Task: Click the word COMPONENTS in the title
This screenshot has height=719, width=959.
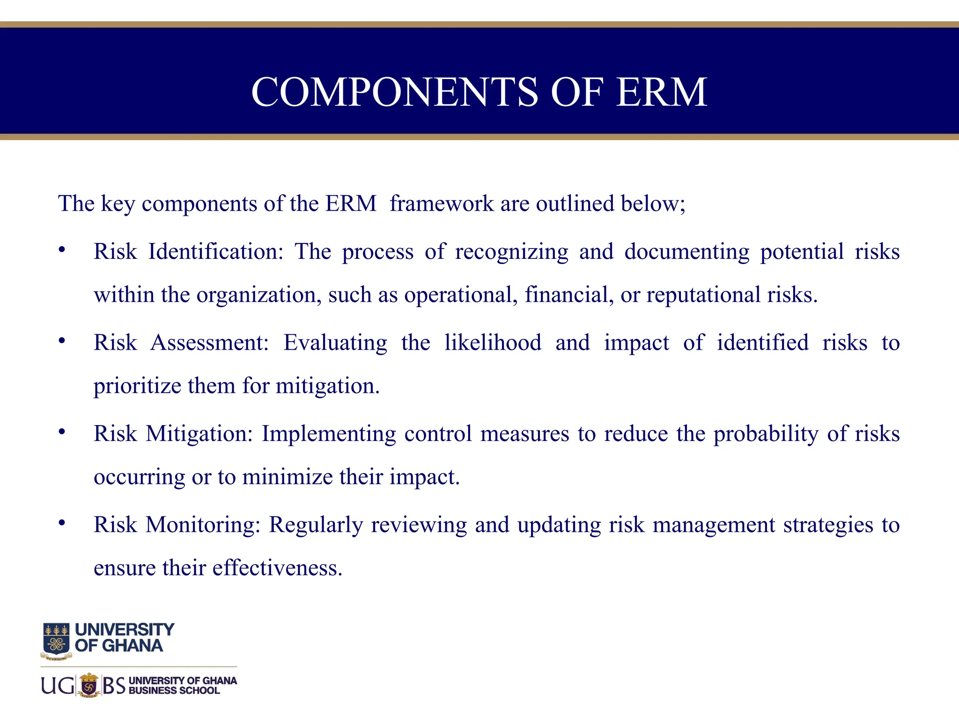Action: click(x=394, y=92)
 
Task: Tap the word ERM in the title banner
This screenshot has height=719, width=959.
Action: click(x=661, y=92)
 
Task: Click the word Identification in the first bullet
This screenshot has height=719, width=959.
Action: click(x=216, y=252)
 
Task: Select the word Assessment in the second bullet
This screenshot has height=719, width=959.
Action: click(x=209, y=343)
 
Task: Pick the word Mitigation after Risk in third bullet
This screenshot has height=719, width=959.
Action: click(x=199, y=434)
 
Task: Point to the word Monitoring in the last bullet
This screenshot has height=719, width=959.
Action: click(x=203, y=525)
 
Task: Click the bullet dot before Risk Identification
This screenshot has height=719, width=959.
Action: click(x=62, y=250)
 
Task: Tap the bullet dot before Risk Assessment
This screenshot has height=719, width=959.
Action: click(x=62, y=341)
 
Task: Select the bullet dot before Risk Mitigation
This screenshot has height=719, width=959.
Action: click(x=62, y=432)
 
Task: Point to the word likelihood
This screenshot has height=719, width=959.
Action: click(x=493, y=343)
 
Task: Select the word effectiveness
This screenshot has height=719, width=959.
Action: click(x=277, y=568)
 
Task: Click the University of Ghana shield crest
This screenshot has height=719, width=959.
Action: click(x=56, y=640)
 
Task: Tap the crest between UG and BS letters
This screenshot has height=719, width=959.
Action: click(x=89, y=686)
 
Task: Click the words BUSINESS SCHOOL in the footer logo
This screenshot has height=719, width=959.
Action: click(x=174, y=691)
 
